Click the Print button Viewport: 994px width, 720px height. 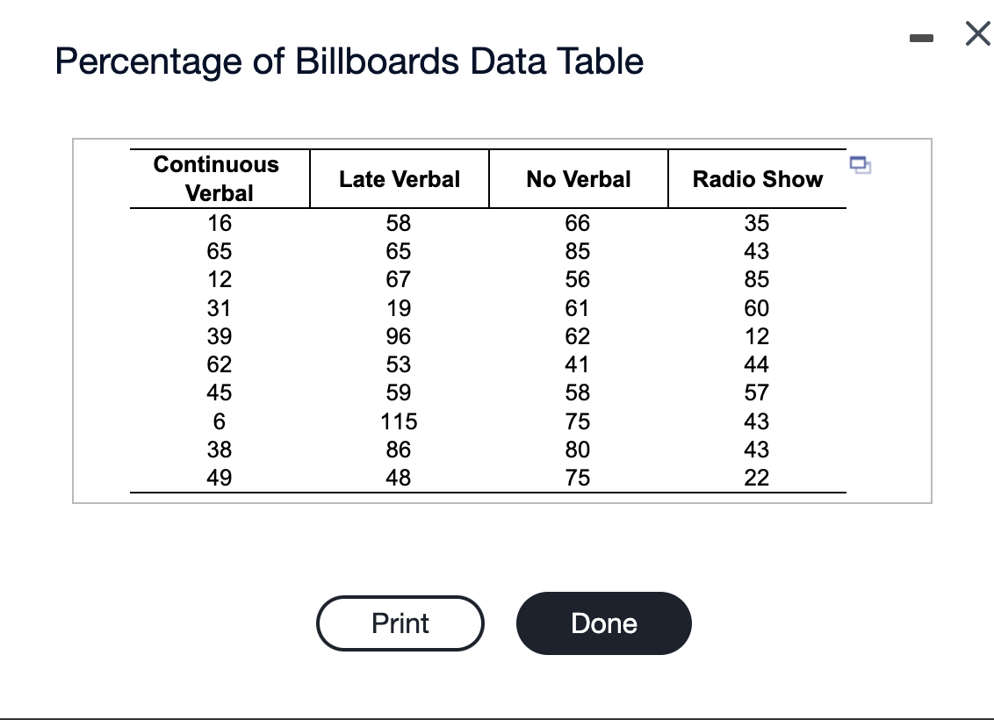pyautogui.click(x=400, y=623)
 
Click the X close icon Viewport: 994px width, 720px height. pyautogui.click(x=976, y=34)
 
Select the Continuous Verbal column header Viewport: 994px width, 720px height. pyautogui.click(x=216, y=178)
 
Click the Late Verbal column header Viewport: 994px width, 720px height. pyautogui.click(x=400, y=179)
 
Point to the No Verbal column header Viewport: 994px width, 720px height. pyautogui.click(x=578, y=179)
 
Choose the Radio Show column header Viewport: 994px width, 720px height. pyautogui.click(x=757, y=179)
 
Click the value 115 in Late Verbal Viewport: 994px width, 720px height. pyautogui.click(x=400, y=421)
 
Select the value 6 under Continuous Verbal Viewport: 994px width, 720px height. pyautogui.click(x=219, y=421)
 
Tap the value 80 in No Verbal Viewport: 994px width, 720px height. pyautogui.click(x=578, y=450)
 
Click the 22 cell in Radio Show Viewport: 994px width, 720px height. pyautogui.click(x=757, y=478)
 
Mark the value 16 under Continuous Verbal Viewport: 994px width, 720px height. pyautogui.click(x=219, y=223)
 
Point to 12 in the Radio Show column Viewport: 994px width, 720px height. pyautogui.click(x=757, y=336)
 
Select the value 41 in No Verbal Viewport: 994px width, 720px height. pyautogui.click(x=578, y=364)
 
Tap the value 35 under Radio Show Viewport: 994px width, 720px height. pyautogui.click(x=757, y=223)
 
